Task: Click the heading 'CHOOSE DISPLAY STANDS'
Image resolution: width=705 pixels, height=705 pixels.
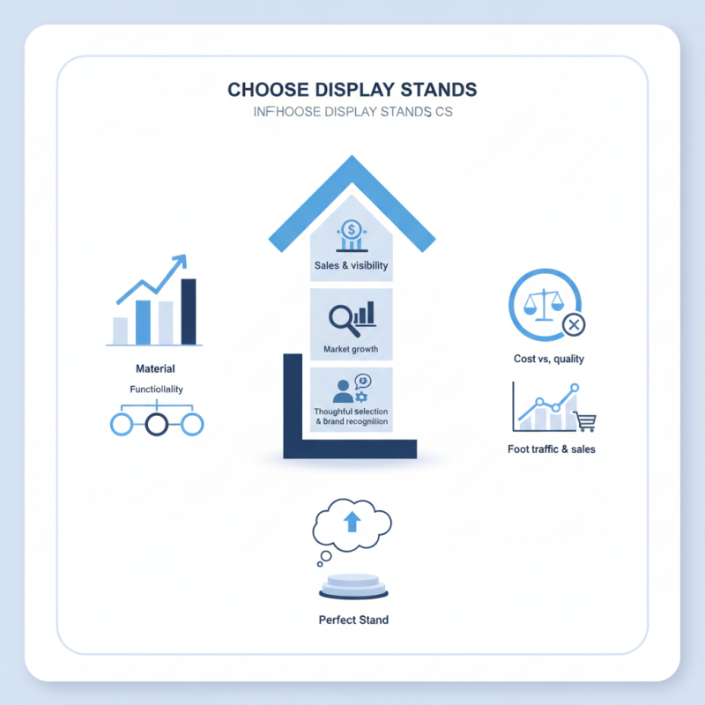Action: pos(352,90)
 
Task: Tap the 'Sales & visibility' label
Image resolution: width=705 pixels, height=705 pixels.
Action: pos(351,265)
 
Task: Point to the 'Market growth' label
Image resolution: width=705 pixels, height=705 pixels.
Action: pos(351,350)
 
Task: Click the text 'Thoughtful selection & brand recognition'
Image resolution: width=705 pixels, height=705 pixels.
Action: pos(351,417)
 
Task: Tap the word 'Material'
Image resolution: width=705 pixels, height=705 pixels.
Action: pos(155,368)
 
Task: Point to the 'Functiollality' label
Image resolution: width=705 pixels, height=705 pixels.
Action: pos(157,389)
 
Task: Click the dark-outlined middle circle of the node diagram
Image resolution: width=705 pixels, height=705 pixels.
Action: pos(157,425)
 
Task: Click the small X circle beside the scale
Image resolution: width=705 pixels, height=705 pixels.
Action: pos(573,325)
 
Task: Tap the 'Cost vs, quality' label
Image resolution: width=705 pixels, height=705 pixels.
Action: pos(548,359)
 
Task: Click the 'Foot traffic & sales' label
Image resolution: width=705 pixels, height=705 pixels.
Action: pos(552,449)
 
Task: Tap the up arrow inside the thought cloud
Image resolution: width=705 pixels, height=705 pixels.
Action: pos(352,523)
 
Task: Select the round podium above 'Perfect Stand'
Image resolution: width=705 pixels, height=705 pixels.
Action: pos(352,585)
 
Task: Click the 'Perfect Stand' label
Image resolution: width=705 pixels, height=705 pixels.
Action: pos(352,620)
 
